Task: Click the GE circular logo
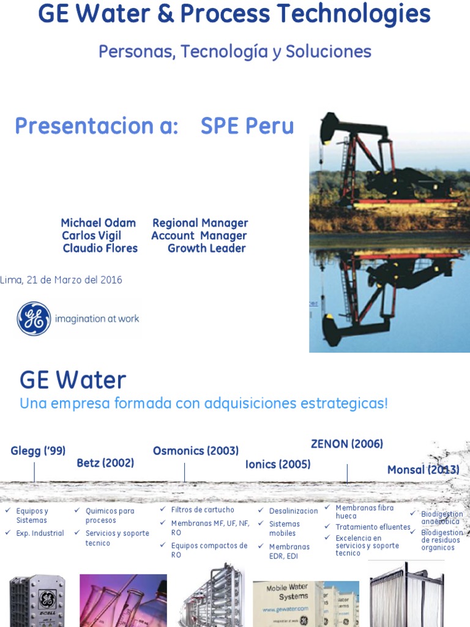point(34,319)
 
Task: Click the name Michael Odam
point(99,223)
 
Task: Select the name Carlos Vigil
point(92,236)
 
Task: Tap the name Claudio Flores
point(100,249)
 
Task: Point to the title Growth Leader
point(206,249)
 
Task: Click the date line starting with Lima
point(61,280)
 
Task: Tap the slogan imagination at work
point(97,318)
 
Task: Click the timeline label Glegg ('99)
point(38,451)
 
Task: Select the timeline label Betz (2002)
point(105,463)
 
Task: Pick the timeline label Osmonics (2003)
point(196,451)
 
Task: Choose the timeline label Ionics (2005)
point(278,464)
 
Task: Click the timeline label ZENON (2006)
point(347,444)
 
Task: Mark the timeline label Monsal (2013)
point(423,470)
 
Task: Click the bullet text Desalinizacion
point(293,511)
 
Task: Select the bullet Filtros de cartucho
point(203,510)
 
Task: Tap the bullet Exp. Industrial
point(40,533)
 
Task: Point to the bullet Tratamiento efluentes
point(373,527)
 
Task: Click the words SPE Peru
point(247,127)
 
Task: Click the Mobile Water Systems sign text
point(286,592)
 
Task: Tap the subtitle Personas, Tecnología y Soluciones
point(235,52)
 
